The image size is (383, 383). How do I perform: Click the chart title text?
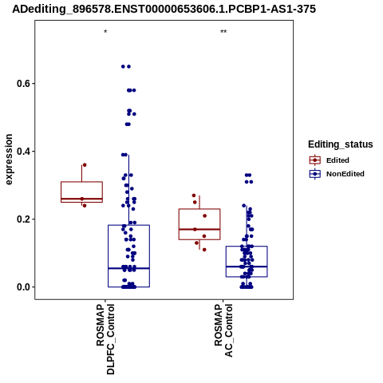164,9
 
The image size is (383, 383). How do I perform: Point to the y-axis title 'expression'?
9,160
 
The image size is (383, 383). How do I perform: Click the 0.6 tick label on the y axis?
22,84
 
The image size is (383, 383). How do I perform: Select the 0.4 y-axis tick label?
22,152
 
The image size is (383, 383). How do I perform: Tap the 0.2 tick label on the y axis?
22,219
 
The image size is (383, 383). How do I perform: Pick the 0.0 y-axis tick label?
22,287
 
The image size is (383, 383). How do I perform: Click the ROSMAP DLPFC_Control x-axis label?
105,339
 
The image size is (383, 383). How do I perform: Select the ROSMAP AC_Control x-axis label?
223,330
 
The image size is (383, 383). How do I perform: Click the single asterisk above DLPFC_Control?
105,32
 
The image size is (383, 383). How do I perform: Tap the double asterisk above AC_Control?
223,32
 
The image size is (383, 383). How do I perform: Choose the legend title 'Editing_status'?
341,144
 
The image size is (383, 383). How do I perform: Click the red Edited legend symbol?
315,160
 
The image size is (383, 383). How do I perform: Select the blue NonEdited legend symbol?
315,174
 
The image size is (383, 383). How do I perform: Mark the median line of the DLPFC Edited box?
81,199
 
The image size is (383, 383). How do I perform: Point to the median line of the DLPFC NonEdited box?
128,268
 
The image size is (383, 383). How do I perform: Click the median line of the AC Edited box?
199,229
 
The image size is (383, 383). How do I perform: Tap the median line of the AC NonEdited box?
247,267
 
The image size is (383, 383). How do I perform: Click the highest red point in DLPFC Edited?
85,165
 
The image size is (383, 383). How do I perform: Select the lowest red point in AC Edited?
204,250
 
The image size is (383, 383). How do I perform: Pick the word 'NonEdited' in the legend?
345,174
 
